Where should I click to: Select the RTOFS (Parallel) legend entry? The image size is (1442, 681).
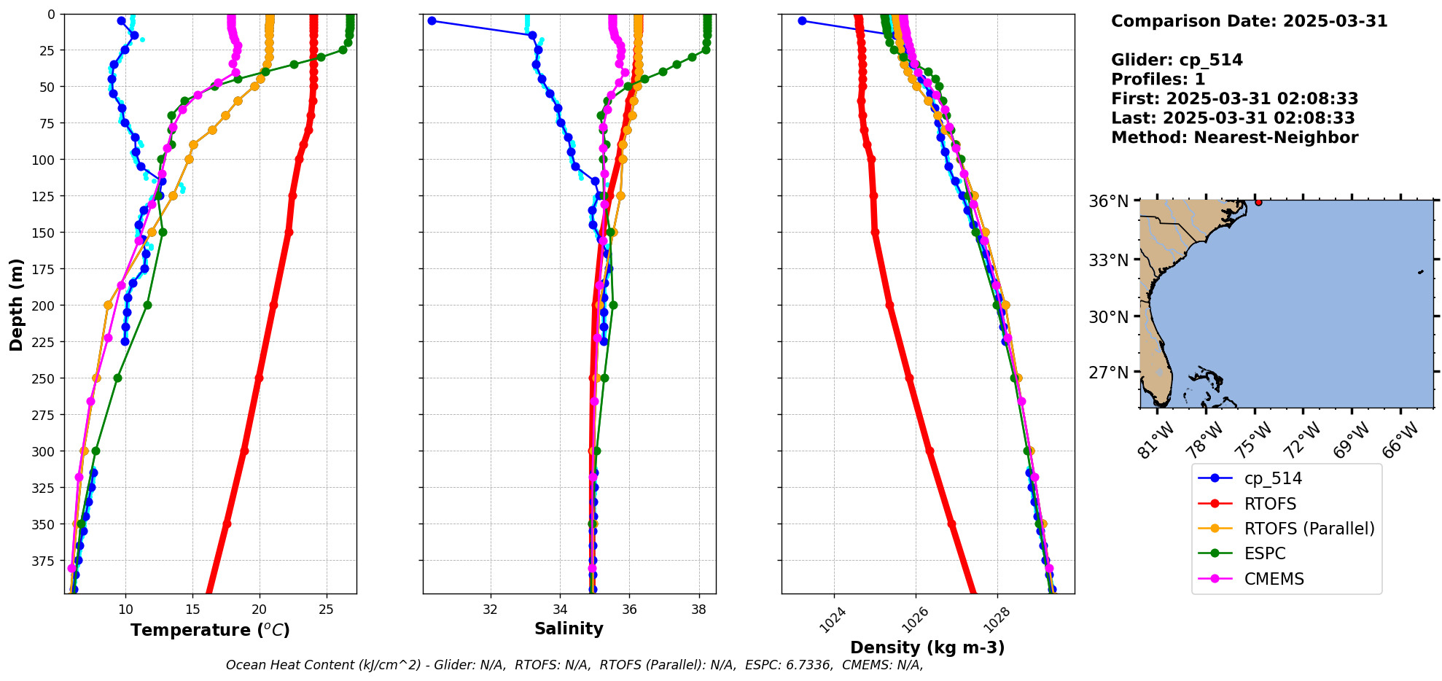1309,529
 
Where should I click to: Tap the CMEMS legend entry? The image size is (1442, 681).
1273,579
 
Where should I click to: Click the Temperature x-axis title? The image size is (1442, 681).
210,630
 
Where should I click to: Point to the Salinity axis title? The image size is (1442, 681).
569,629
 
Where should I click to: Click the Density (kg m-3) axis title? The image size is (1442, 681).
927,647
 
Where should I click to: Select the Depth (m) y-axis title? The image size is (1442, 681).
16,304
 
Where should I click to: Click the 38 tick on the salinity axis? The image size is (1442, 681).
699,610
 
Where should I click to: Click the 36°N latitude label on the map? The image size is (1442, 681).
1108,201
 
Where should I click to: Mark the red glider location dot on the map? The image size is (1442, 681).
1258,202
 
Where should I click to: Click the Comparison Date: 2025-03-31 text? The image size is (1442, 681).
1249,21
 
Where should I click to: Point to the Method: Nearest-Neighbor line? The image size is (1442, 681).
1234,138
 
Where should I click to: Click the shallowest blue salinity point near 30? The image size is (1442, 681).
432,21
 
